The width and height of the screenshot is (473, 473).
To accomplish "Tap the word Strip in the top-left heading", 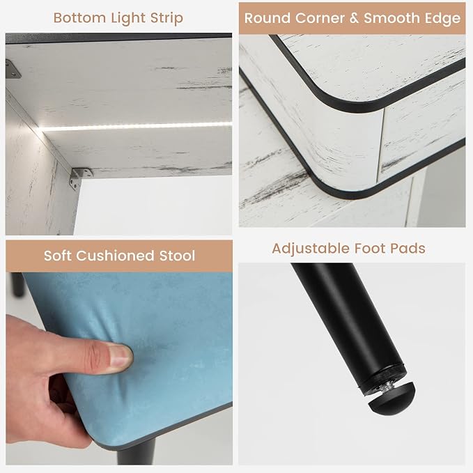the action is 166,19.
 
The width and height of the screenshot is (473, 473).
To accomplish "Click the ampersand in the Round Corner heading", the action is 354,18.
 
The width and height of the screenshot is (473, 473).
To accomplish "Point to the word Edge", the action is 443,19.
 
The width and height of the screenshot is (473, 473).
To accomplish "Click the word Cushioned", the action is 115,256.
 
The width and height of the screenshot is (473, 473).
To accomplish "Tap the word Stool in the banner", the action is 177,256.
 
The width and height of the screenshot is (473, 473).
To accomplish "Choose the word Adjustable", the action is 311,249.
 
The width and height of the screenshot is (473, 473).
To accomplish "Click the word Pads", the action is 408,248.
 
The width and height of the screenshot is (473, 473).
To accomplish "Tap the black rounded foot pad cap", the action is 391,398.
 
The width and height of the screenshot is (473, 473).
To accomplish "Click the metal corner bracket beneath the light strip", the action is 80,178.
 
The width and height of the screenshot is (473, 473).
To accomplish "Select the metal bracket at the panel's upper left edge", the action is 12,69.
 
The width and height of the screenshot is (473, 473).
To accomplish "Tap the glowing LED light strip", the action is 136,127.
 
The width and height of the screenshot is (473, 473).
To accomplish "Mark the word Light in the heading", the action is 128,19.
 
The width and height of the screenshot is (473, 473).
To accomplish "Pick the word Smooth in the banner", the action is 392,18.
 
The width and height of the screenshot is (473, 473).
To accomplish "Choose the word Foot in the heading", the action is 370,248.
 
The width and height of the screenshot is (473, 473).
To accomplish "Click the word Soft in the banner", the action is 58,256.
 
